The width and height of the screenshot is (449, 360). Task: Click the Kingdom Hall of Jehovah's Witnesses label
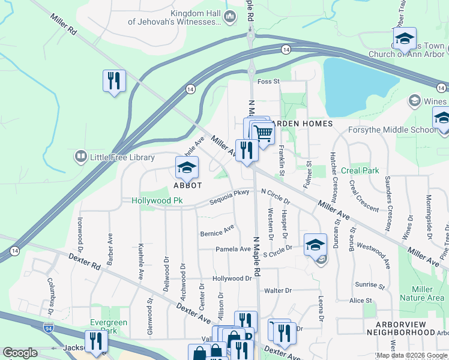pos(174,17)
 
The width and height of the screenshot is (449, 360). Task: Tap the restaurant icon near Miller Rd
pos(113,80)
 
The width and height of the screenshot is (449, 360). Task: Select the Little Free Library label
pos(122,158)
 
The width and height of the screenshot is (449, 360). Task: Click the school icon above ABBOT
pos(187,168)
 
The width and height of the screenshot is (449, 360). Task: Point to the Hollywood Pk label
pos(157,201)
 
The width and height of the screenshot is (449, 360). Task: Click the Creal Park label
pos(360,171)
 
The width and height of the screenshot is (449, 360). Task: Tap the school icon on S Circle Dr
pos(315,245)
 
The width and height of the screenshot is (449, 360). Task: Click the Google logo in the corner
pos(20,353)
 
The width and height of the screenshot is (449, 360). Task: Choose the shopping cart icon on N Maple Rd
pos(262,133)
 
